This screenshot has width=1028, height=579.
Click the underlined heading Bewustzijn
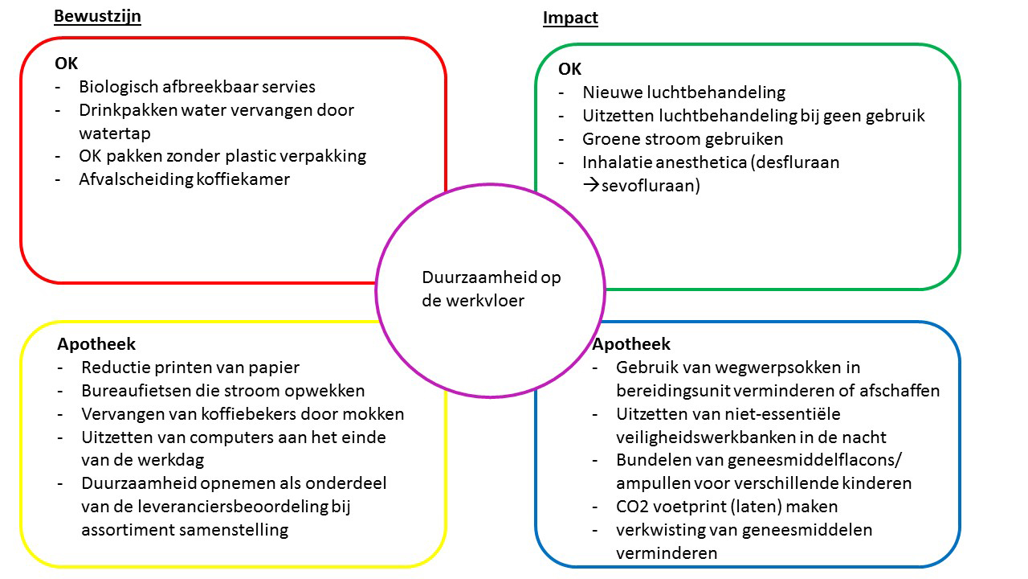(97, 16)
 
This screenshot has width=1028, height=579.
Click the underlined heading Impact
(570, 18)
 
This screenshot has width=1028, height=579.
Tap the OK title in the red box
(66, 64)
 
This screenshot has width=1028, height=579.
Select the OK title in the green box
(569, 69)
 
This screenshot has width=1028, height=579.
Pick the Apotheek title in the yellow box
(96, 343)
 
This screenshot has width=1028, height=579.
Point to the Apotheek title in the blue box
(631, 343)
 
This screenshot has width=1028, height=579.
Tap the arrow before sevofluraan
(591, 185)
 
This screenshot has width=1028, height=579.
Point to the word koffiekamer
(243, 179)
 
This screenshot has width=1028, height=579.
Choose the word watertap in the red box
(115, 133)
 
